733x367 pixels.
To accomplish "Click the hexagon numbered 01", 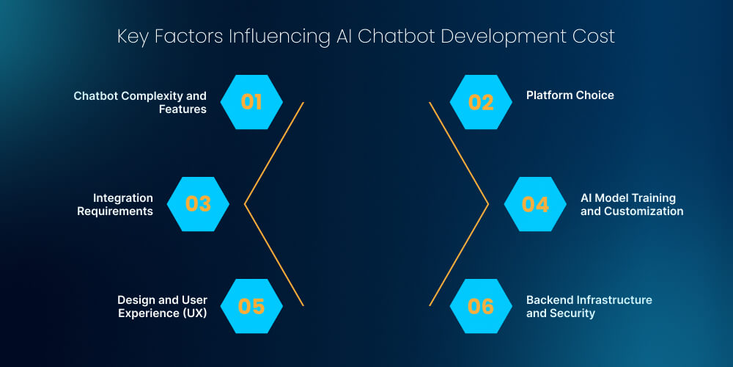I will (251, 102).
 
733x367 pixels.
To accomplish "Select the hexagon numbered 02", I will (481, 102).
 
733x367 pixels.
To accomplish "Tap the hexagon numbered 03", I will (198, 204).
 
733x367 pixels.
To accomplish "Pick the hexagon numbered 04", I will (535, 204).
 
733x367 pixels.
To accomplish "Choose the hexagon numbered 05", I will (251, 306).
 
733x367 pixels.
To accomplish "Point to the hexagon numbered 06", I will (481, 306).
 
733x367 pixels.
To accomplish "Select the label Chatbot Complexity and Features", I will (141, 103).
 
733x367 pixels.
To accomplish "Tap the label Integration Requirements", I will (123, 205).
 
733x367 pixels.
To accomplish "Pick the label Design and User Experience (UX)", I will (162, 306).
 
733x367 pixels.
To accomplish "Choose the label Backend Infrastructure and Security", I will (589, 306).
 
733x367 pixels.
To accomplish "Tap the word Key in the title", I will (131, 36).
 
